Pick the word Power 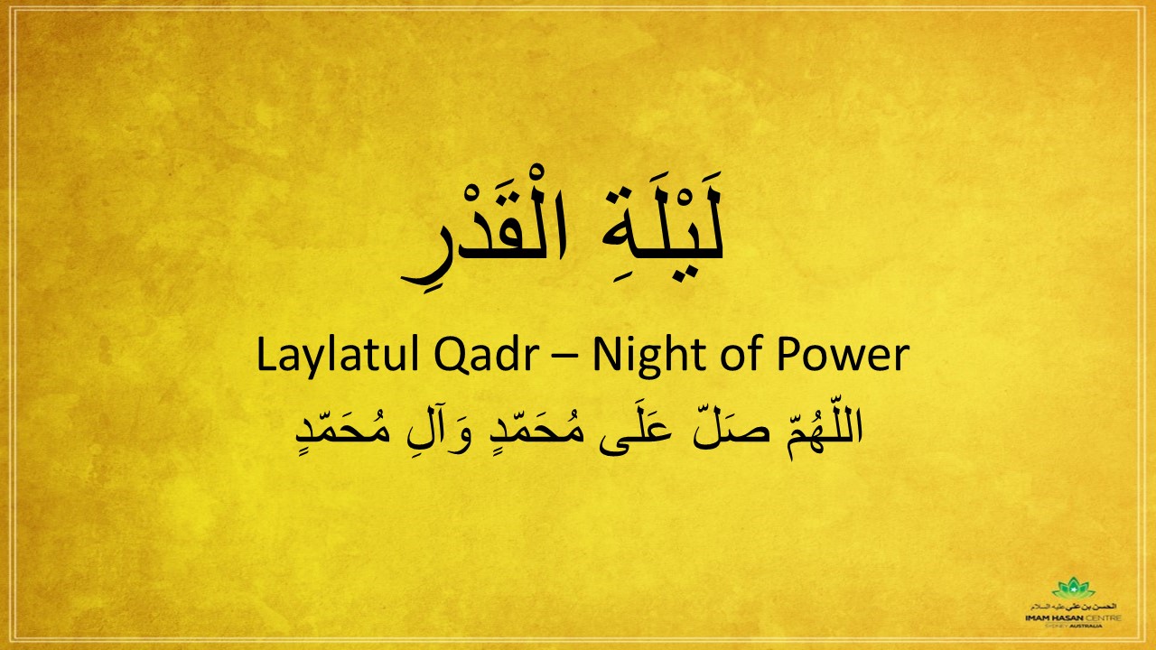[841, 356]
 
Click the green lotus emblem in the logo [1073, 590]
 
